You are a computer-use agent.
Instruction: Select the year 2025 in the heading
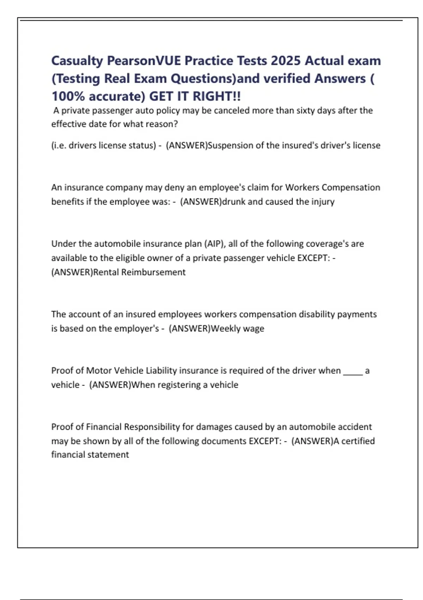(286, 61)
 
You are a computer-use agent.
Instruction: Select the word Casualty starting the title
(77, 61)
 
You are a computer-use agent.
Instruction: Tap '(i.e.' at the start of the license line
(59, 145)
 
